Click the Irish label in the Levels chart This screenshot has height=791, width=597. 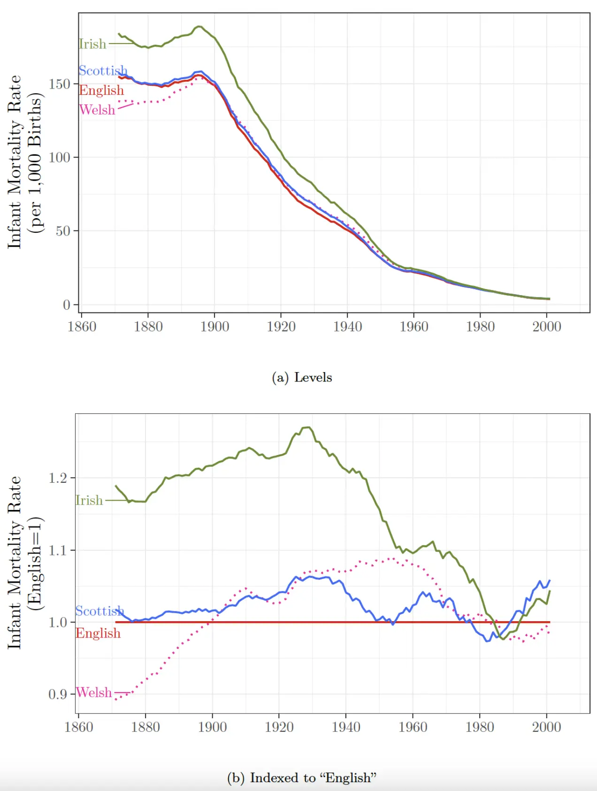click(92, 44)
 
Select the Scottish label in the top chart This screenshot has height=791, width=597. click(102, 71)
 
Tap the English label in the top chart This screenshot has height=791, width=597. click(101, 90)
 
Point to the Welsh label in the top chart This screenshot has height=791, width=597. click(97, 110)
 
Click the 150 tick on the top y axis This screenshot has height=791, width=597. click(59, 84)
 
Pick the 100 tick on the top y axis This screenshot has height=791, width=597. click(59, 158)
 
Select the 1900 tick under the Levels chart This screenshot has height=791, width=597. click(214, 327)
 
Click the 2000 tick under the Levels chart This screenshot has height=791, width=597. click(546, 327)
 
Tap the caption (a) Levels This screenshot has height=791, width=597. click(302, 378)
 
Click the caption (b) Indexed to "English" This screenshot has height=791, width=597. click(302, 778)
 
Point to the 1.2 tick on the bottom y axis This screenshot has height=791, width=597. click(58, 478)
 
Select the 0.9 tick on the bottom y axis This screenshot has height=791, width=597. click(58, 694)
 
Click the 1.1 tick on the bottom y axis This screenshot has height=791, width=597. click(58, 550)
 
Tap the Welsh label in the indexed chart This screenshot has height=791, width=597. click(93, 692)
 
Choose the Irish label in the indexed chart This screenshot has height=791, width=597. click(89, 501)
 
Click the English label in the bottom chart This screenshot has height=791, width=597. click(98, 633)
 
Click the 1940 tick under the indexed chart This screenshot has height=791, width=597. click(346, 727)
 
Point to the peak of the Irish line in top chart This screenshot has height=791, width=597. click(199, 26)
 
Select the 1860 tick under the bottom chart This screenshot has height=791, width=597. click(78, 727)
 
